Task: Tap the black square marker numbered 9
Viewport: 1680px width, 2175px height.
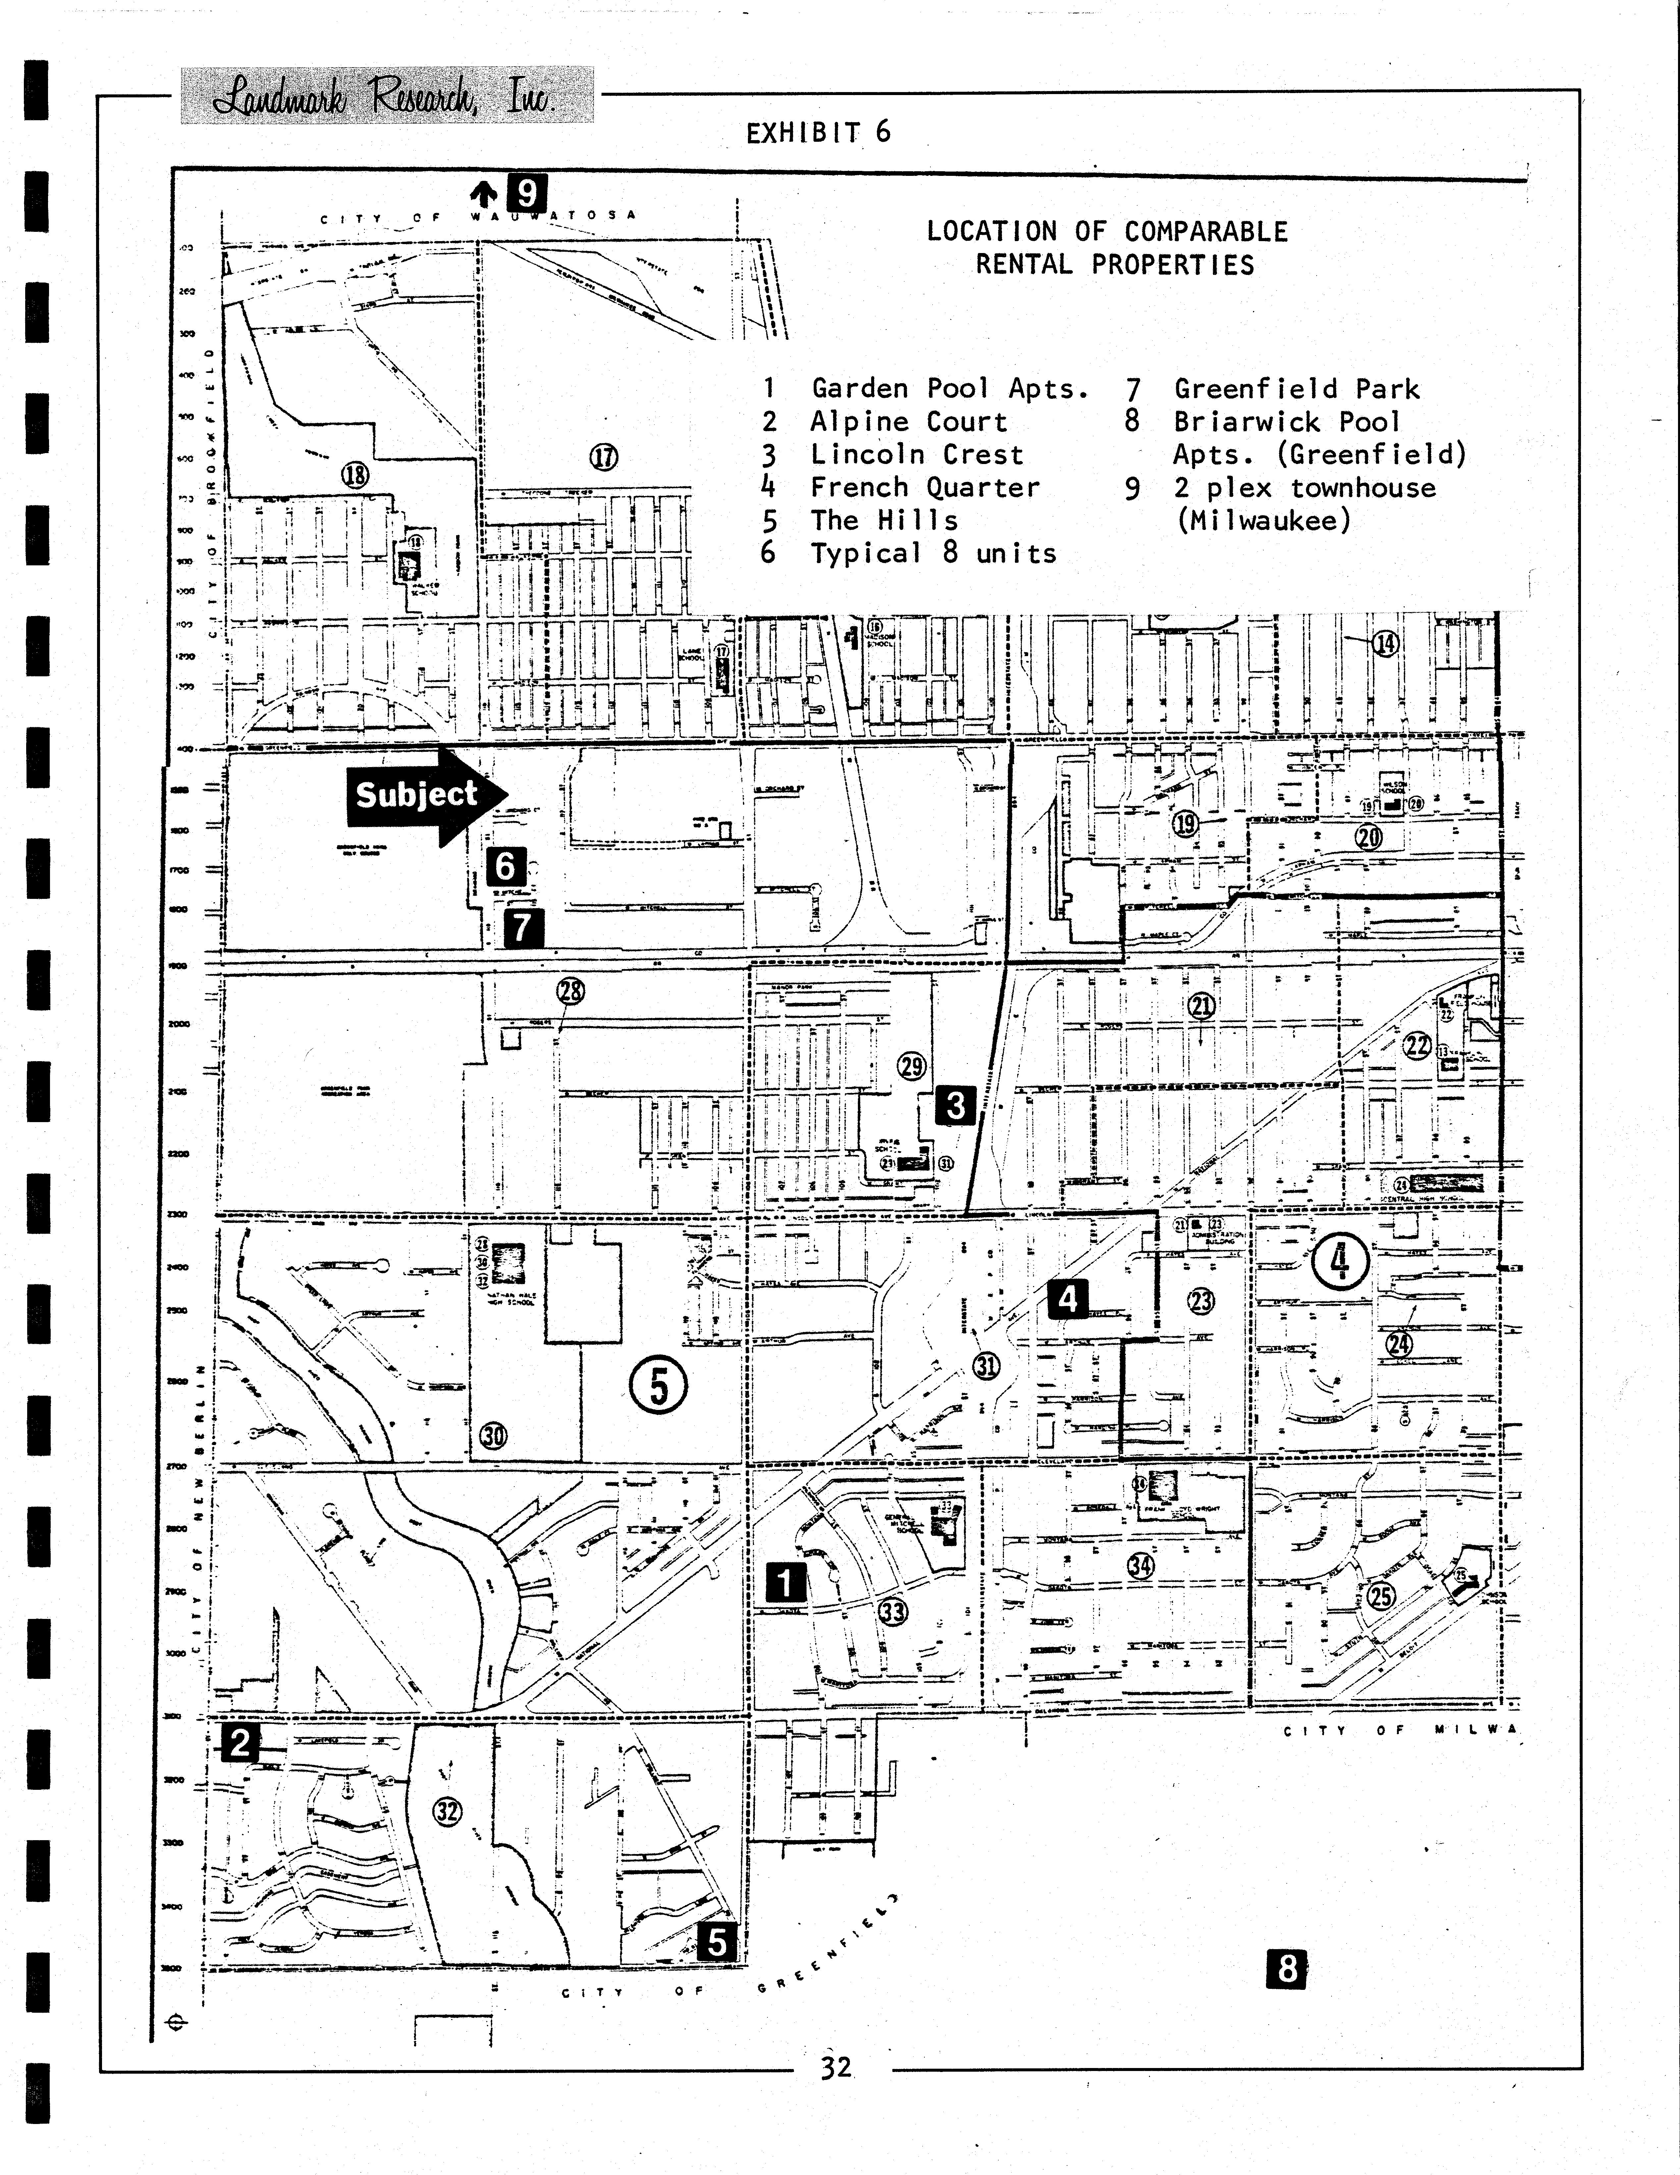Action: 526,192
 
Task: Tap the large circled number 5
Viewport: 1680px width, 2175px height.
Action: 658,1385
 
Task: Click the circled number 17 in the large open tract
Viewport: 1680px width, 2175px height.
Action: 604,457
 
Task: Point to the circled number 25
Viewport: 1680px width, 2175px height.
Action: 1381,1596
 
